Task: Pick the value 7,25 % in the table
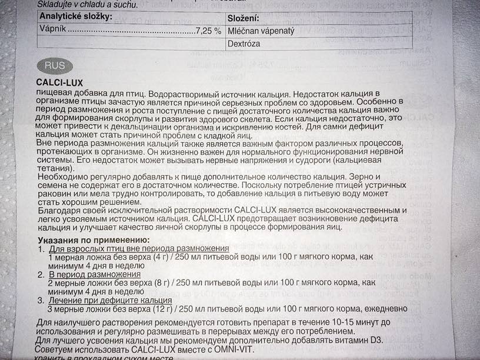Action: point(208,29)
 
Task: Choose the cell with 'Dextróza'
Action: point(244,44)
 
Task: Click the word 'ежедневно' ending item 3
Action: point(382,308)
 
